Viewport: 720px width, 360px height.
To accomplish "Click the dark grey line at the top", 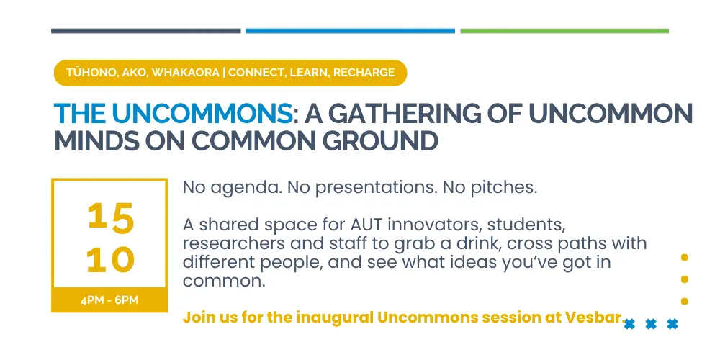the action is point(145,31).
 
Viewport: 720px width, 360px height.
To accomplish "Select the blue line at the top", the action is point(350,31).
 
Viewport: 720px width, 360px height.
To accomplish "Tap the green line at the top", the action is point(564,31).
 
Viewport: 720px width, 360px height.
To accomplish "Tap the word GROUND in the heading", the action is point(379,141).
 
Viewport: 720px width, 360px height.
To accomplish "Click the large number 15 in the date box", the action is point(111,217).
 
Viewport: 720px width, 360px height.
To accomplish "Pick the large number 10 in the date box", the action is point(111,260).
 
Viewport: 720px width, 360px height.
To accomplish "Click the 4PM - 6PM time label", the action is point(109,301).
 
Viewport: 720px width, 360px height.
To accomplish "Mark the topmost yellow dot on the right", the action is point(684,258).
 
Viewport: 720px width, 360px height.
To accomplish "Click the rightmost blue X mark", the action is point(672,325).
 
